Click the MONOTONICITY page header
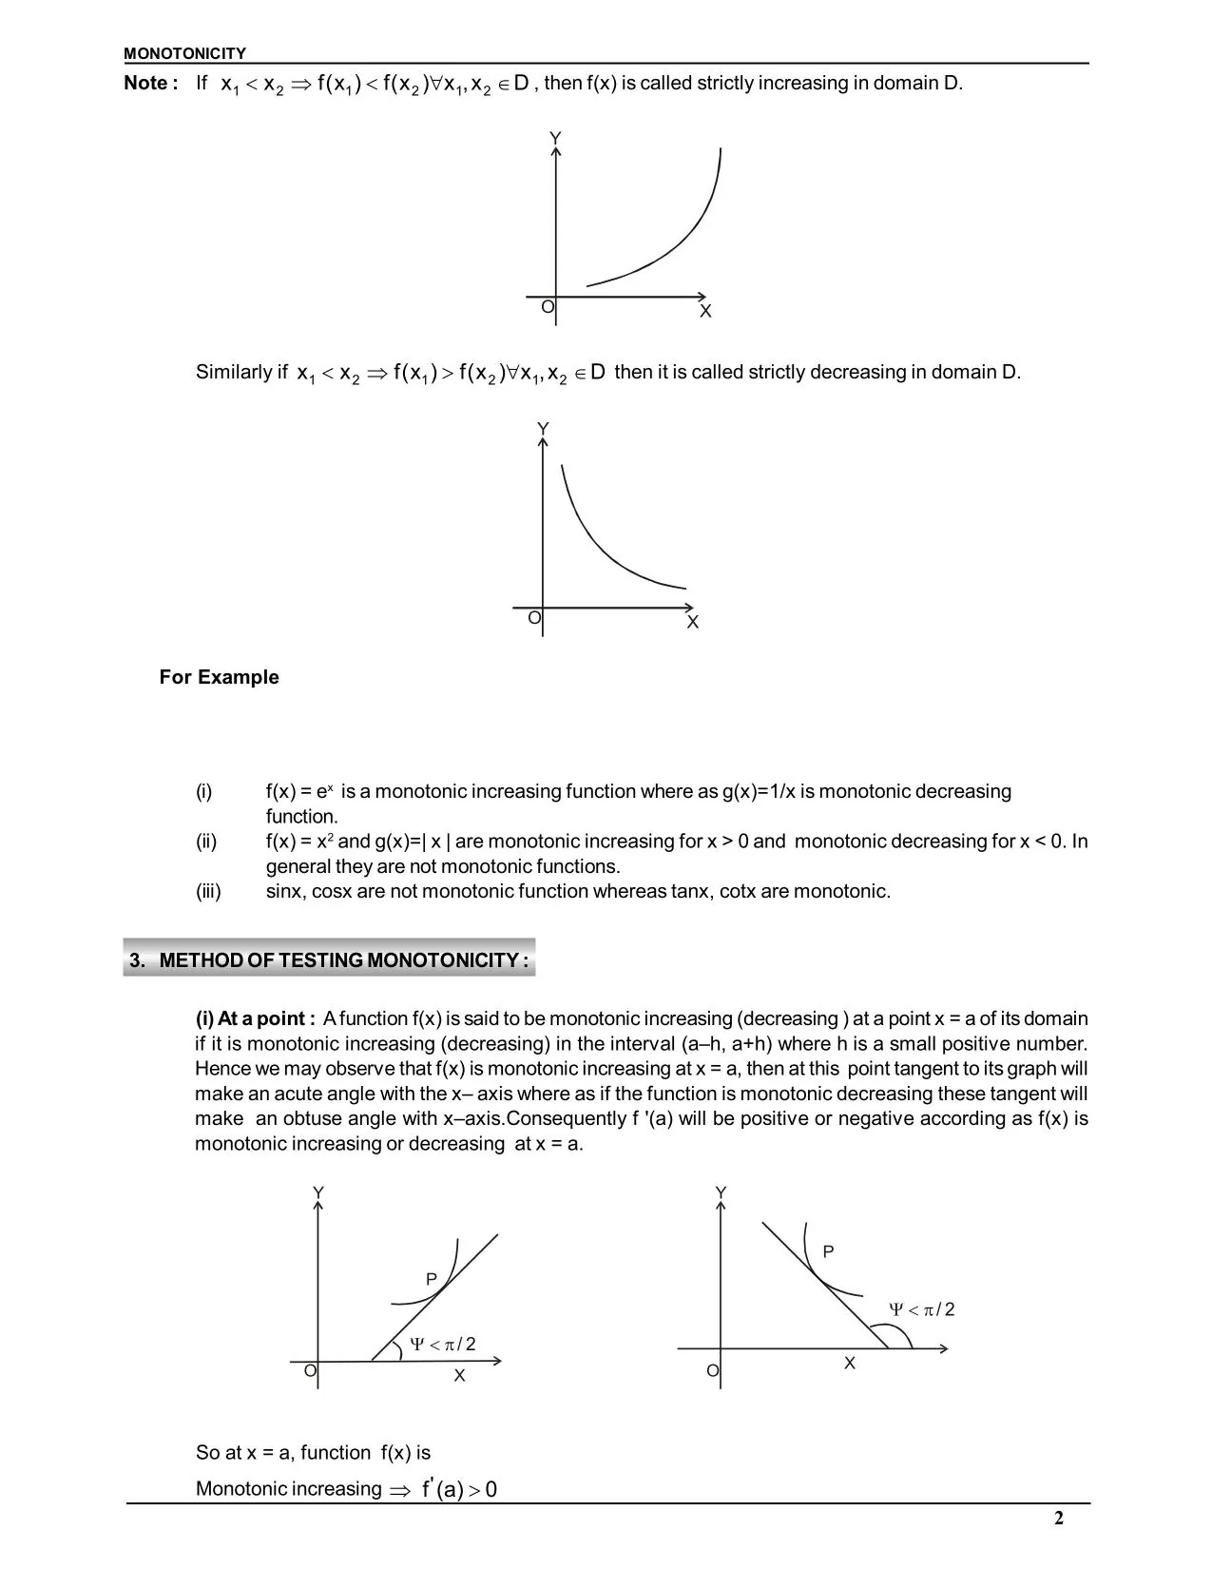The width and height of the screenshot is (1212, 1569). coord(184,54)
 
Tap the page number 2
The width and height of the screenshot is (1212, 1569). coord(1058,1518)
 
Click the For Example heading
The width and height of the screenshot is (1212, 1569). coord(219,677)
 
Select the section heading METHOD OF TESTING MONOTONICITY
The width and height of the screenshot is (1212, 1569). coord(329,959)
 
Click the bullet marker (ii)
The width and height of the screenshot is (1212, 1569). coord(206,842)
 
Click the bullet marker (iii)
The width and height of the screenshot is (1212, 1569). coord(208,891)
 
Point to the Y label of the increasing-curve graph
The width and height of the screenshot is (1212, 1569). coord(555,139)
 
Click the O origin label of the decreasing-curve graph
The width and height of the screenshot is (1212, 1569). coord(534,618)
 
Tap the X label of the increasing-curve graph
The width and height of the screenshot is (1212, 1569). coord(705,311)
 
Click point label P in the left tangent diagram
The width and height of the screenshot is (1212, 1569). coord(431,1280)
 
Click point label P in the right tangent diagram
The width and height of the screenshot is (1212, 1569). coord(828,1251)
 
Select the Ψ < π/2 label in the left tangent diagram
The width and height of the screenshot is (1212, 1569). coord(442,1344)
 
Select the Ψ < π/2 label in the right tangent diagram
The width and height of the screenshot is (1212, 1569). coord(921,1309)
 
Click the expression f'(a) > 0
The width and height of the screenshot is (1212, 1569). coord(459,1489)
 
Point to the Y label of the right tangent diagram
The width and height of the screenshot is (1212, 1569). coord(721,1192)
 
